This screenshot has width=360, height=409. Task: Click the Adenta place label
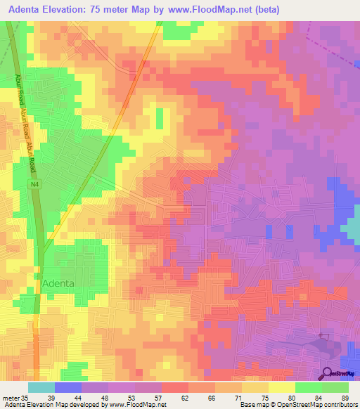coord(58,283)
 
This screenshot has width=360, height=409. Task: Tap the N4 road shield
coord(34,184)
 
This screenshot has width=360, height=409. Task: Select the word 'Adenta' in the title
coord(29,10)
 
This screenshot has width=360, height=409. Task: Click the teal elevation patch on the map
coord(352,228)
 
